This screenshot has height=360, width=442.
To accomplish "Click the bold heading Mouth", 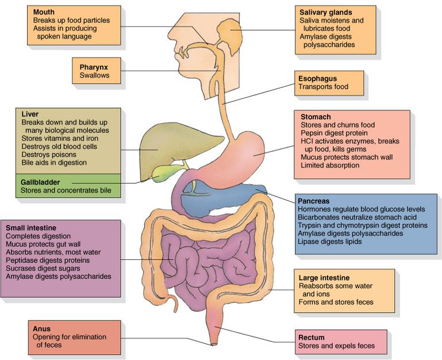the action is [44, 12].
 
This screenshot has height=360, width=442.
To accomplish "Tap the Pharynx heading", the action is [94, 67].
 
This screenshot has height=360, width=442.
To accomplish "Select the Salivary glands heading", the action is [325, 13].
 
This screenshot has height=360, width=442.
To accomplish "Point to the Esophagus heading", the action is [318, 79].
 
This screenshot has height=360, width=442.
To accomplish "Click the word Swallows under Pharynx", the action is [94, 75].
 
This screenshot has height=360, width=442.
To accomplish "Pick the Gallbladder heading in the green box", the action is [40, 182].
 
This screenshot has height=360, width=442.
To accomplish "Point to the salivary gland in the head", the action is [230, 34].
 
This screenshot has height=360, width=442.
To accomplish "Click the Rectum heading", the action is [312, 338].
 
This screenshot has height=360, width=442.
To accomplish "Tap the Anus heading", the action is [42, 329].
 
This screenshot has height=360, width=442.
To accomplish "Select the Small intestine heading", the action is [31, 228].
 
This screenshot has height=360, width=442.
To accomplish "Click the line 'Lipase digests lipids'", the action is [330, 242].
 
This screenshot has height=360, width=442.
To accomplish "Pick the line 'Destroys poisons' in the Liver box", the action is [49, 155].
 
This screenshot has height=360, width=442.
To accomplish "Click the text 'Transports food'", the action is [324, 87].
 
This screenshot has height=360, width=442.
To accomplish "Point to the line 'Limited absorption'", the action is [330, 165].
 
